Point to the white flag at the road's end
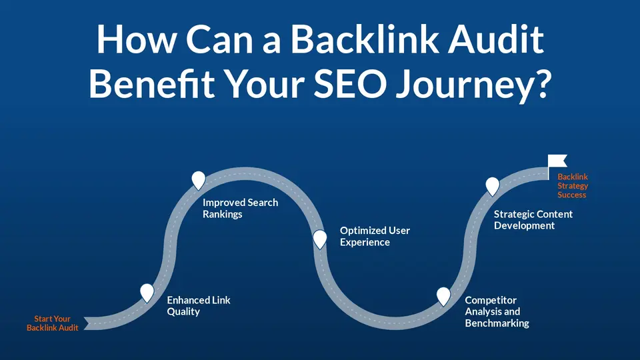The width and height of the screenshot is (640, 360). tap(557, 161)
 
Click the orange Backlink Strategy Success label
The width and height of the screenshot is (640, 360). tap(573, 186)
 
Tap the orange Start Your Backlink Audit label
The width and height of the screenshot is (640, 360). tap(52, 323)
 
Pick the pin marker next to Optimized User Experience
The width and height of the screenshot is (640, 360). tap(319, 239)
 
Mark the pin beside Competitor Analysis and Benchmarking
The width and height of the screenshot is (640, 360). tap(443, 296)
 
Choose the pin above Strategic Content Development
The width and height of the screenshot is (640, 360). tap(492, 187)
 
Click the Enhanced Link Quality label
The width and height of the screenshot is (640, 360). tap(199, 306)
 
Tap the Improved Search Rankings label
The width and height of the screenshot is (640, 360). tap(240, 208)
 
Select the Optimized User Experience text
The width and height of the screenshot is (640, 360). tap(375, 236)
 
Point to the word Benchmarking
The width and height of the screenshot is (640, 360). tap(497, 323)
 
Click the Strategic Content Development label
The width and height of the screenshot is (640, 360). tap(533, 219)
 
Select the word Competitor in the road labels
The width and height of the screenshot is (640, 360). tap(491, 301)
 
